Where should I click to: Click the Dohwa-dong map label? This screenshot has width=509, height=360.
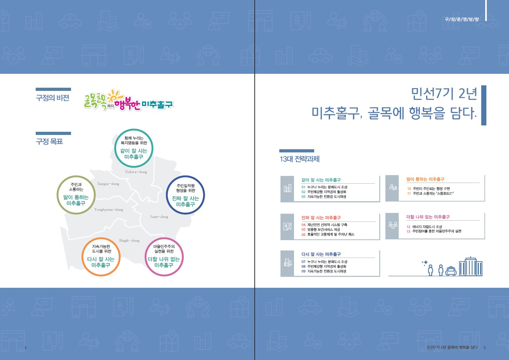(136, 172)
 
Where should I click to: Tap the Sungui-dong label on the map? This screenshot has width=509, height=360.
(108, 184)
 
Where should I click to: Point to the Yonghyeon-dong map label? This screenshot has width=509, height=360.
(109, 210)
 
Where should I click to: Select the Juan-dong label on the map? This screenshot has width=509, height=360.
(159, 217)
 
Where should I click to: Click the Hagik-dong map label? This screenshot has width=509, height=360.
(129, 241)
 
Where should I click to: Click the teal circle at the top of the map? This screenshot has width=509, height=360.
(134, 129)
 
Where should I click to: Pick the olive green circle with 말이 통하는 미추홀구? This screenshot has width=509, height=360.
(76, 176)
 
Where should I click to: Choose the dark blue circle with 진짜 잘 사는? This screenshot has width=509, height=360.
(185, 176)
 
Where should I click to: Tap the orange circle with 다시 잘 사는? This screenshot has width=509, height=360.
(101, 238)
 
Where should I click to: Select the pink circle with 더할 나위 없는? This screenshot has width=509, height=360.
(164, 238)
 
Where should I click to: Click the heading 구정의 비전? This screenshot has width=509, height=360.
(52, 98)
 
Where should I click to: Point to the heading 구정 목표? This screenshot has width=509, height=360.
(49, 142)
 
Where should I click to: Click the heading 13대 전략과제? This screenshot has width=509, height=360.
(300, 159)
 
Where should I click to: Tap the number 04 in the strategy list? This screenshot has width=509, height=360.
(303, 225)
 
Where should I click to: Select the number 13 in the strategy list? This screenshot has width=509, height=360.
(408, 231)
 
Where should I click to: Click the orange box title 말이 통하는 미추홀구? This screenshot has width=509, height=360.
(425, 179)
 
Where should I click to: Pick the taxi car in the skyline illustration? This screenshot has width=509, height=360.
(451, 271)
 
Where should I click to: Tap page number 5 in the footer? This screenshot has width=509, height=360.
(484, 348)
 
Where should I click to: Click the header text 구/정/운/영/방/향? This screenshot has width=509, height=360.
(461, 19)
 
